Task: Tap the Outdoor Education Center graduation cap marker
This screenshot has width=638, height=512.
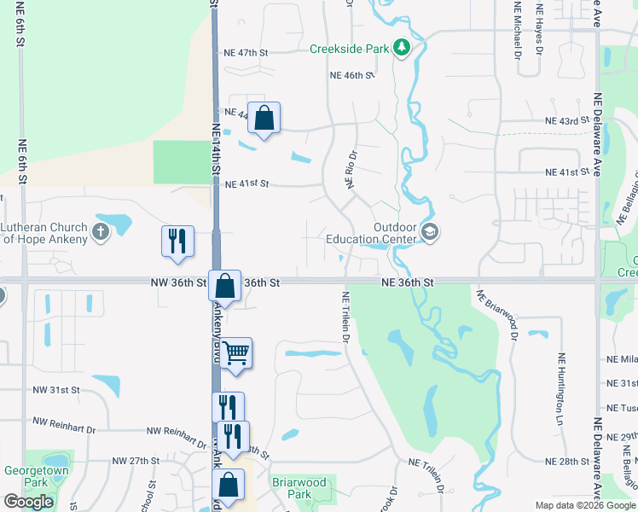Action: point(431,232)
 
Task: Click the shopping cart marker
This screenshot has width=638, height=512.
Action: point(237,351)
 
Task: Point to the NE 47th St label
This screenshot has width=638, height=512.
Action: point(246,53)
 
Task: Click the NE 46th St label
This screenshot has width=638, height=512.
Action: point(352,76)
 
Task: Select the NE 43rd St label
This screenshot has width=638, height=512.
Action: point(567,121)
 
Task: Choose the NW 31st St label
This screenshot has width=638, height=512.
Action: point(56,390)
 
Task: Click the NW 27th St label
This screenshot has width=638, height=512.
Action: point(137,461)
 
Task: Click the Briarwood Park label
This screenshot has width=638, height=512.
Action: point(299,488)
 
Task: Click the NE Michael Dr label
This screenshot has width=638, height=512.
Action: point(518,31)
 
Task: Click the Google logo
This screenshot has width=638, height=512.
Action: point(28,502)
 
